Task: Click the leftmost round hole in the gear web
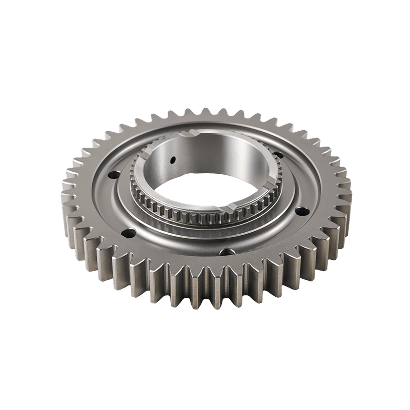[110, 176]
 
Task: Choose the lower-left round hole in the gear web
[126, 234]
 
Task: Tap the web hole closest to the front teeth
[224, 252]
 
